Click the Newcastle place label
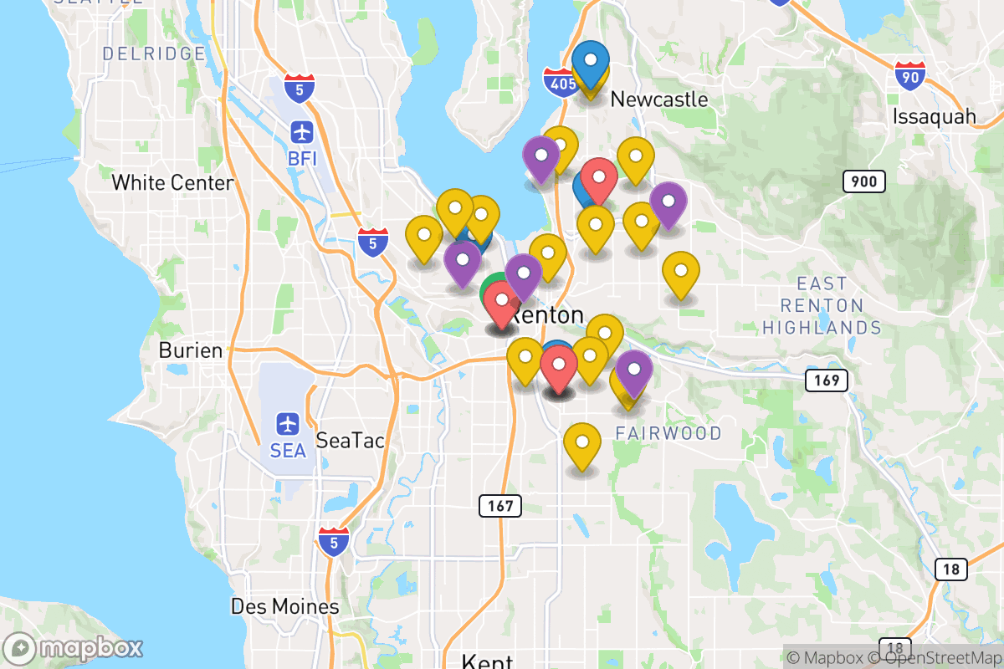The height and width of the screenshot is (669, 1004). coord(659,100)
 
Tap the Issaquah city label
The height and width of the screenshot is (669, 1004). coord(935,115)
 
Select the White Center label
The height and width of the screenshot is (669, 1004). coord(172,182)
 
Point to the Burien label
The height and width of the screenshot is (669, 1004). coord(191,350)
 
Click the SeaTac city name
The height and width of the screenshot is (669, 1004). coord(351,440)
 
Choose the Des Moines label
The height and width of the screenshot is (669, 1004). coord(285,606)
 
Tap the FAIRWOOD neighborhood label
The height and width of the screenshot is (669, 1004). coord(668,433)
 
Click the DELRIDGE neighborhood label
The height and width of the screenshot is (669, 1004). coord(153,54)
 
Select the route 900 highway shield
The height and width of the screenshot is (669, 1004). coord(864,181)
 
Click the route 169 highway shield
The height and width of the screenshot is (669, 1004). coord(827,381)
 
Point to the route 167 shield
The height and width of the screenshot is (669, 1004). coord(500,505)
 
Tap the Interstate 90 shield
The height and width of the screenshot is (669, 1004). coord(909,75)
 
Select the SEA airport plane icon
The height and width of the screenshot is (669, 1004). coord(289,424)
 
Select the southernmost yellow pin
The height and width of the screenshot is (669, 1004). coord(582,444)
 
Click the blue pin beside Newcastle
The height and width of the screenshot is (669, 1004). coord(592,64)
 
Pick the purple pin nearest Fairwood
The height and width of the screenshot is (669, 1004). coord(634,370)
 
